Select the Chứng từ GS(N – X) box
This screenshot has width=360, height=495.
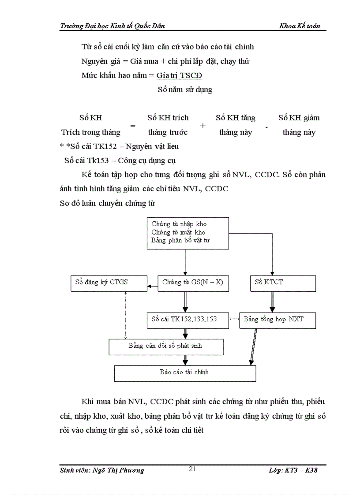193,283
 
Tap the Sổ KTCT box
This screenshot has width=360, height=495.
283,283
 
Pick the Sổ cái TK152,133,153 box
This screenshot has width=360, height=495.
188,320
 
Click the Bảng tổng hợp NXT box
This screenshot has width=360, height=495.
277,320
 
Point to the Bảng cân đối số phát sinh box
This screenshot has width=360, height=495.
166,346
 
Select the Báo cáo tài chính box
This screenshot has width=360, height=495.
185,373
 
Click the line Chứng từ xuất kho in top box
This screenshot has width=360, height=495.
178,232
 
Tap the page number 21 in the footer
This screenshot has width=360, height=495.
192,469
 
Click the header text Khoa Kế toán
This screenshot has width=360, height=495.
300,26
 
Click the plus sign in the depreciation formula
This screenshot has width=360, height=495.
202,126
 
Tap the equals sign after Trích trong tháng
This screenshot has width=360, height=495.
132,126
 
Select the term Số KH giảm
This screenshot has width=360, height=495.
299,118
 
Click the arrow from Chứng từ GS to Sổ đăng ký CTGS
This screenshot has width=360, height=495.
152,287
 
